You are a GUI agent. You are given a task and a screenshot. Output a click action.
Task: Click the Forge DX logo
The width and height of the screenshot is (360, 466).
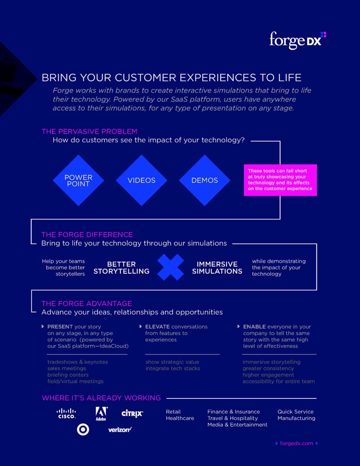298,41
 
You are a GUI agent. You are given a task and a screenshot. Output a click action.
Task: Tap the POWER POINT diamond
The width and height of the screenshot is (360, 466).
78,180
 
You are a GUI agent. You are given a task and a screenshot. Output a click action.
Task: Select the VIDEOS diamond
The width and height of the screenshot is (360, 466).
141,180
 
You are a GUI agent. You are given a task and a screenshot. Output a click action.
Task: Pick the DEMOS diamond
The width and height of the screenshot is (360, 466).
205,180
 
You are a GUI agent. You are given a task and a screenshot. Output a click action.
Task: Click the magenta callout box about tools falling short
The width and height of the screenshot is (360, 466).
280,180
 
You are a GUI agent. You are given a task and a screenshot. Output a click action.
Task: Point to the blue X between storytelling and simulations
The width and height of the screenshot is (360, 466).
171,268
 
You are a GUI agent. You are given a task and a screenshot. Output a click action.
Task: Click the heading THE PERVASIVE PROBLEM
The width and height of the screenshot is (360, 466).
90,131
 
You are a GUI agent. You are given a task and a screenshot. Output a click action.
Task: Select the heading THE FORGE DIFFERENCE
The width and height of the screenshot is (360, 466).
87,235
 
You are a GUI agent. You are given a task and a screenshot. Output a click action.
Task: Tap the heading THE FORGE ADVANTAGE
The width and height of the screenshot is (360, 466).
87,304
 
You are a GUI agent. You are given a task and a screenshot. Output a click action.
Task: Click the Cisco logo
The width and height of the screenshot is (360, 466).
66,414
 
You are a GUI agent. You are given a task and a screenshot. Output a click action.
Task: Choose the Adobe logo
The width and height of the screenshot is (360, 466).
101,414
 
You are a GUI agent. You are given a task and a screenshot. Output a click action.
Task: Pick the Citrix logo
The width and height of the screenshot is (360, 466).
132,413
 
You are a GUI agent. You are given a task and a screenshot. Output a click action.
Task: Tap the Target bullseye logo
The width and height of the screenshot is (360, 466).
83,430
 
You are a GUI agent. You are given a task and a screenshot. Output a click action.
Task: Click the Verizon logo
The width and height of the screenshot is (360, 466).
120,430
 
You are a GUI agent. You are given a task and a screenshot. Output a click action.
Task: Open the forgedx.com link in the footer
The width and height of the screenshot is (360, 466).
297,443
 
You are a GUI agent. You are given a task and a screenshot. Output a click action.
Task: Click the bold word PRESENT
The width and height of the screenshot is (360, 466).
60,326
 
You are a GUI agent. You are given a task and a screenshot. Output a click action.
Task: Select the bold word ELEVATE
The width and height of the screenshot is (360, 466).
157,326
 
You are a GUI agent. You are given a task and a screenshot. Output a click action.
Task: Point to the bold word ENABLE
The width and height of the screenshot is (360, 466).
254,326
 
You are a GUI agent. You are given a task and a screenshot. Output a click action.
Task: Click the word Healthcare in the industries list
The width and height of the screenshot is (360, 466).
180,418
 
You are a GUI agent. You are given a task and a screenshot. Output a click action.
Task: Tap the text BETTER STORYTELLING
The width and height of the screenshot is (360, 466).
121,268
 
